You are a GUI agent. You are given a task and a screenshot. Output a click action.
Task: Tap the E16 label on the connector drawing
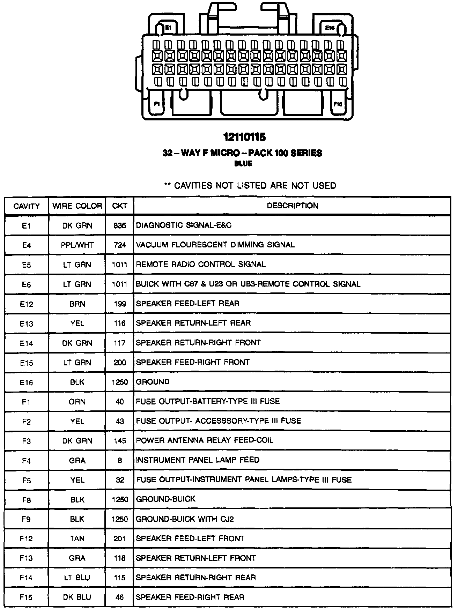(x=330, y=28)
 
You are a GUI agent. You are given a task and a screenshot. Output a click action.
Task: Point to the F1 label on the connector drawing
(x=157, y=104)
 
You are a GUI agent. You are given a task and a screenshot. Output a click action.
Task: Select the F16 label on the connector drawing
(x=338, y=104)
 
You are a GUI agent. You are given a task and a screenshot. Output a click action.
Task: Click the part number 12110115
(x=244, y=137)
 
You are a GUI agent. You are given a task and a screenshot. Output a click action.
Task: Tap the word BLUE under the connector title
(x=243, y=164)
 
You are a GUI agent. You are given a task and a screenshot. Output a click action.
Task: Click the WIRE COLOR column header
(x=77, y=206)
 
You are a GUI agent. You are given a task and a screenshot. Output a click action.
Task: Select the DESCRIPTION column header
(x=293, y=206)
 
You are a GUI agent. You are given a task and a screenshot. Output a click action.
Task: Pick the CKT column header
(x=120, y=206)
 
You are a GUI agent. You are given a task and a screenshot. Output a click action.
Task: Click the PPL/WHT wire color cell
(x=77, y=245)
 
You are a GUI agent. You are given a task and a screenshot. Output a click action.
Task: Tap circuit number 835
(x=120, y=225)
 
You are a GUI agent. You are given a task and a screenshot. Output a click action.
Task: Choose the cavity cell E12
(x=27, y=304)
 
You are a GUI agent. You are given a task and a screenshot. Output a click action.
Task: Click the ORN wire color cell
(x=77, y=402)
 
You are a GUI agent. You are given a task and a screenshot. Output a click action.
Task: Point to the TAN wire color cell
(x=77, y=538)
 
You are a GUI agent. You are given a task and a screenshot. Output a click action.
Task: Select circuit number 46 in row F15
(x=120, y=597)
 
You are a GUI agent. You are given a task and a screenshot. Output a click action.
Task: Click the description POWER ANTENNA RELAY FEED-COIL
(x=205, y=440)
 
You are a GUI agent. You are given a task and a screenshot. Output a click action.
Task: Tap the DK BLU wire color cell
(x=77, y=597)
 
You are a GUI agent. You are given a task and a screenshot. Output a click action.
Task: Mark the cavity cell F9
(x=27, y=519)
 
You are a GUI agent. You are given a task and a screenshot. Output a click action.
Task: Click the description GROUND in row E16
(x=153, y=382)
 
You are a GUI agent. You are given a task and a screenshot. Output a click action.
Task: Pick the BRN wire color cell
(x=77, y=304)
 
